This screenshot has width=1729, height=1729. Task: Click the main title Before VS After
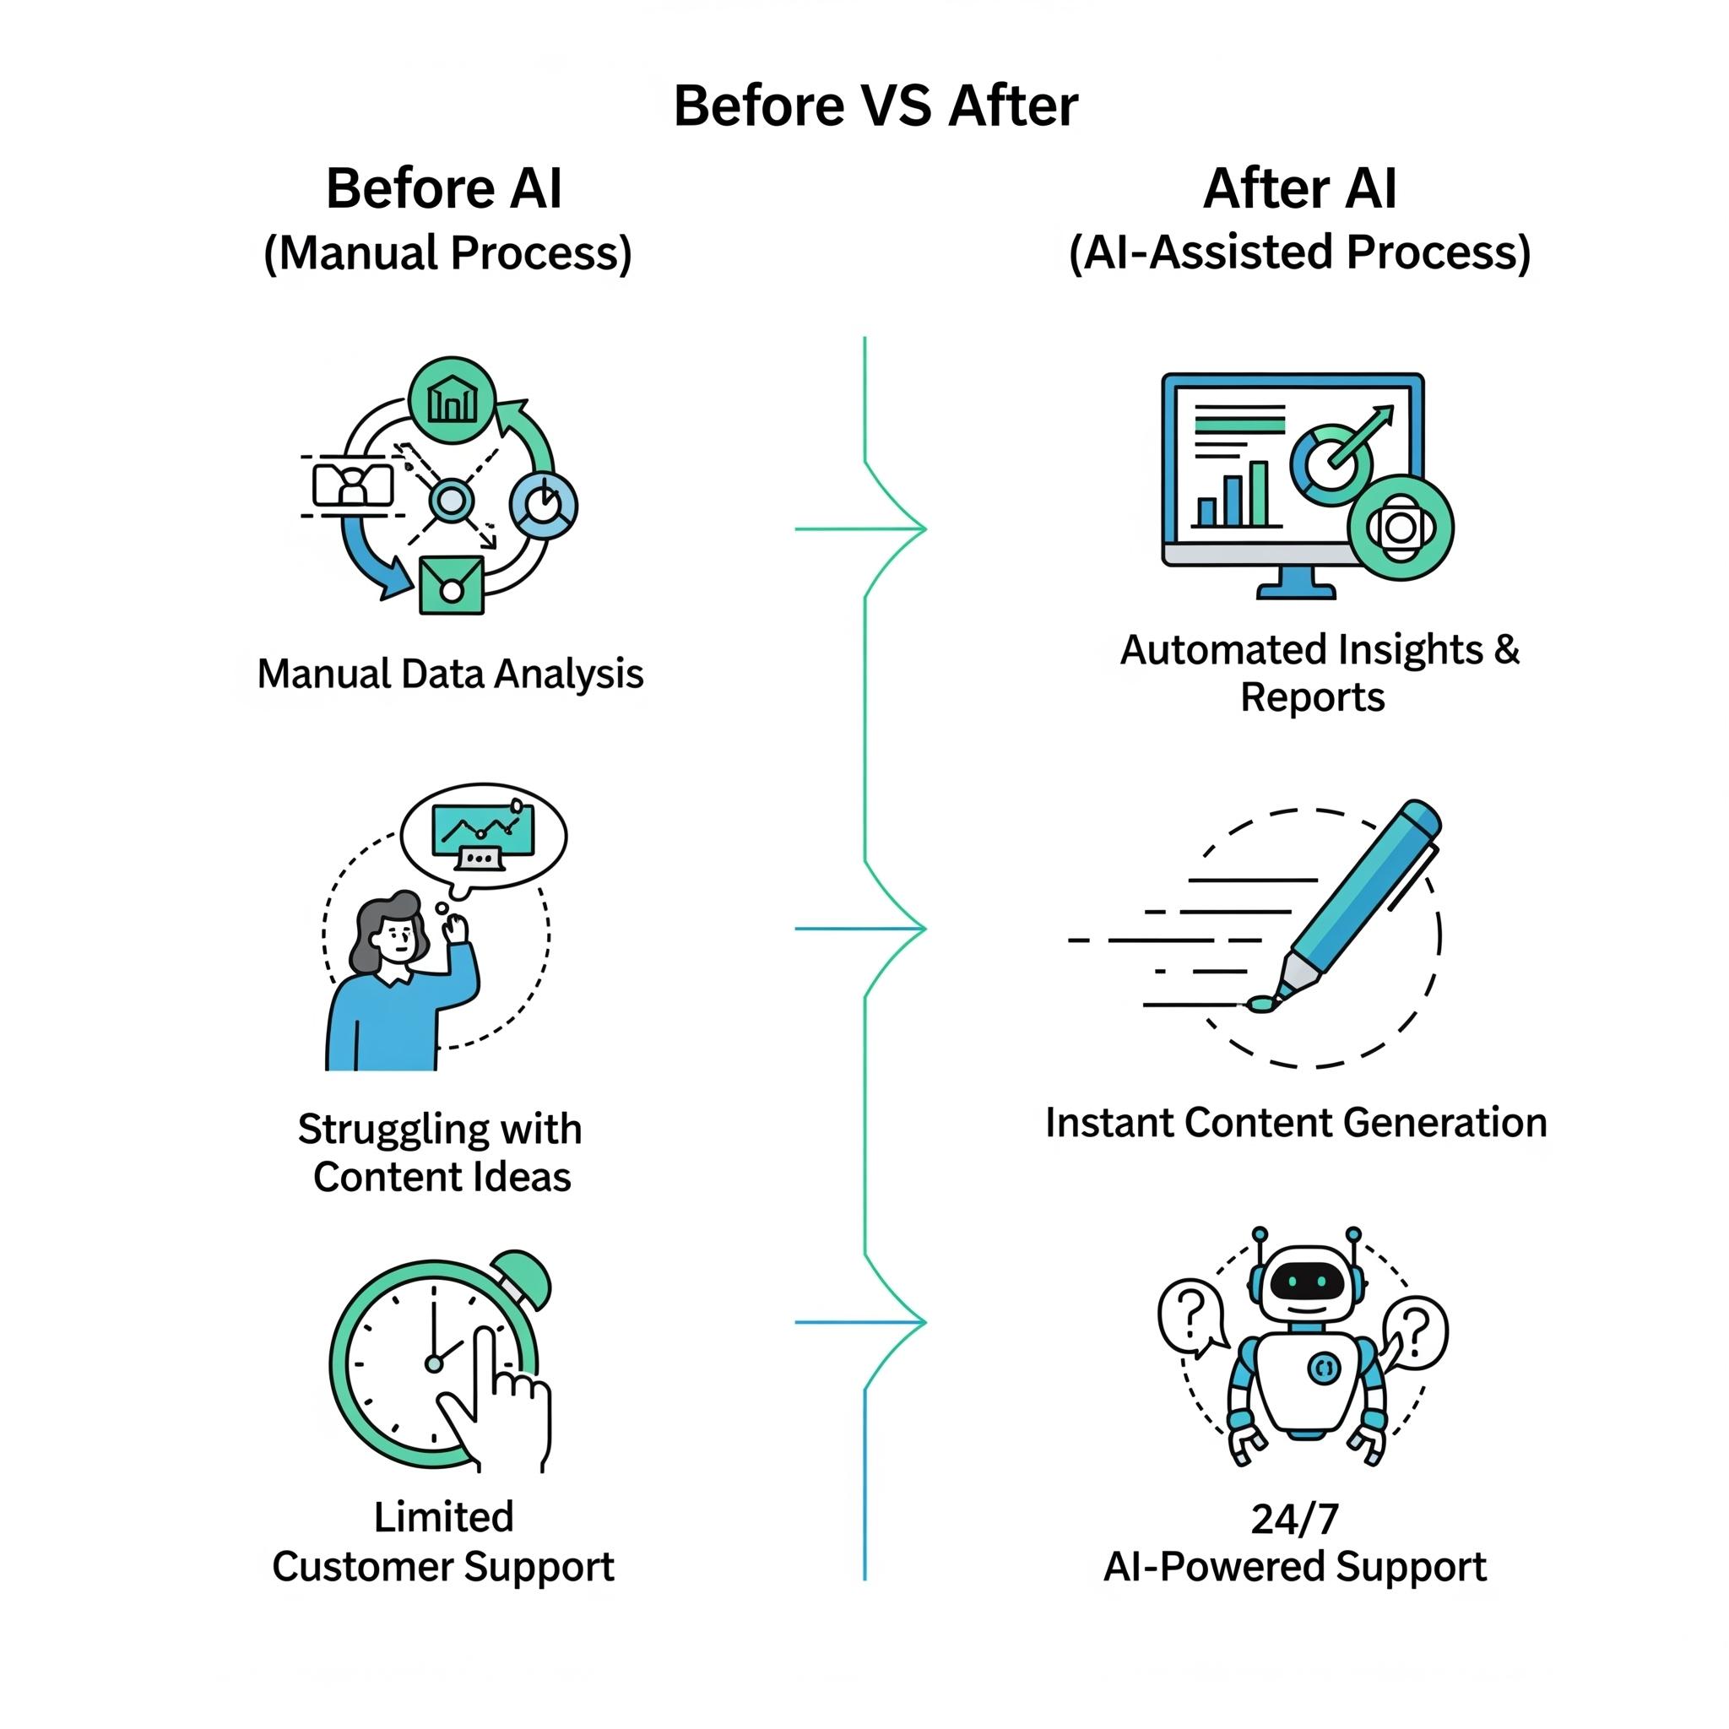point(875,106)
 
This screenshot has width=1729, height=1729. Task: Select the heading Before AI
point(444,189)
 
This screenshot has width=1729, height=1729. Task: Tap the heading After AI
point(1299,189)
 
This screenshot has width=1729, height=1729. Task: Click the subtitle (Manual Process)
point(447,253)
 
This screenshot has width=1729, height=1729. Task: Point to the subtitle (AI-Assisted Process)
point(1299,253)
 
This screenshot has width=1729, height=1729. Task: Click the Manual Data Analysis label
point(450,674)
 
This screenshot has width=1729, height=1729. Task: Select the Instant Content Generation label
point(1296,1123)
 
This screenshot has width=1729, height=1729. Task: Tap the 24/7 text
point(1295,1520)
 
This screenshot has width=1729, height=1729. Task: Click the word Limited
point(444,1518)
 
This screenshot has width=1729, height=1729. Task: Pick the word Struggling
point(388,1130)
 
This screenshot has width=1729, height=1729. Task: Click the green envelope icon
point(452,585)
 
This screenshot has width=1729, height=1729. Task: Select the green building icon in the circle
point(452,400)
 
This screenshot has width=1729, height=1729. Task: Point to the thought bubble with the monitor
point(483,838)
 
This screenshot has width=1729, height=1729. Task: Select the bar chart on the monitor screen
point(1233,494)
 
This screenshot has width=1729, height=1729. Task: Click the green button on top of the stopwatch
point(523,1279)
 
